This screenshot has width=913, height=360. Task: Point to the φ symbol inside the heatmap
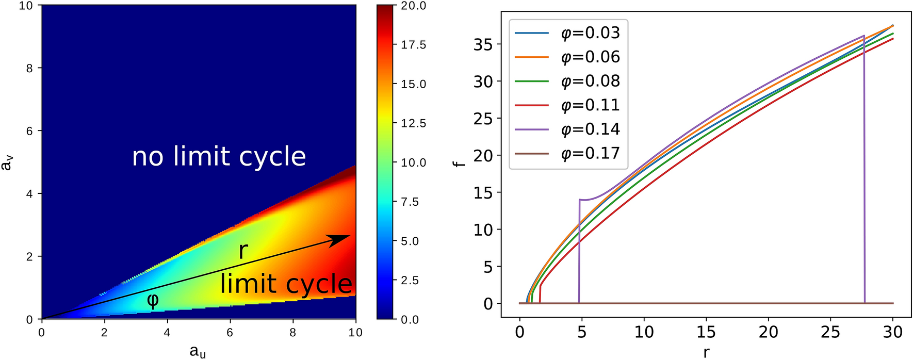click(153, 300)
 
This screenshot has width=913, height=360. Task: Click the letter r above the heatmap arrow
click(243, 251)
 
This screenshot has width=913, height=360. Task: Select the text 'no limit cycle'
click(219, 156)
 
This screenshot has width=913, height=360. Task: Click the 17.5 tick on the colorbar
click(413, 45)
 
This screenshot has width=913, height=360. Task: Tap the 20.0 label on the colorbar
click(413, 6)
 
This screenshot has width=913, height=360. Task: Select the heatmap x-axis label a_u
click(198, 352)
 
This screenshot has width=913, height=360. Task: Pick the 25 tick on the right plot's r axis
click(830, 332)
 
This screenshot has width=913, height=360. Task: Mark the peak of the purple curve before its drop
click(863, 36)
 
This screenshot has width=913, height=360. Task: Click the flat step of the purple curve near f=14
click(586, 200)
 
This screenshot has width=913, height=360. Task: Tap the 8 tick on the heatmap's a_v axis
click(29, 68)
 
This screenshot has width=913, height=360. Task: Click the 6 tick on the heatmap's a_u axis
click(230, 333)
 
